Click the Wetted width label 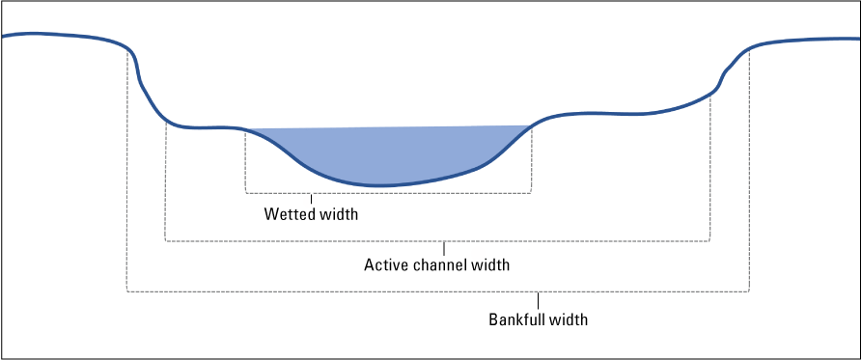(311, 214)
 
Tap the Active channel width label (436, 264)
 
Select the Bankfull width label (538, 318)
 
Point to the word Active (383, 264)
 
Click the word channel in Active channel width (439, 264)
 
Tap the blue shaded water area (386, 154)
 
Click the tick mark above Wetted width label (311, 199)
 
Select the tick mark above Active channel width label (443, 248)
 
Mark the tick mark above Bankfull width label (537, 298)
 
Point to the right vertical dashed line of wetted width (530, 159)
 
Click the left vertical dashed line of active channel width (166, 183)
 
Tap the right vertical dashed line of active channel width (710, 169)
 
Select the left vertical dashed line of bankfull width (127, 174)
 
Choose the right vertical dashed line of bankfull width (749, 174)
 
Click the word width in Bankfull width (570, 318)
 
